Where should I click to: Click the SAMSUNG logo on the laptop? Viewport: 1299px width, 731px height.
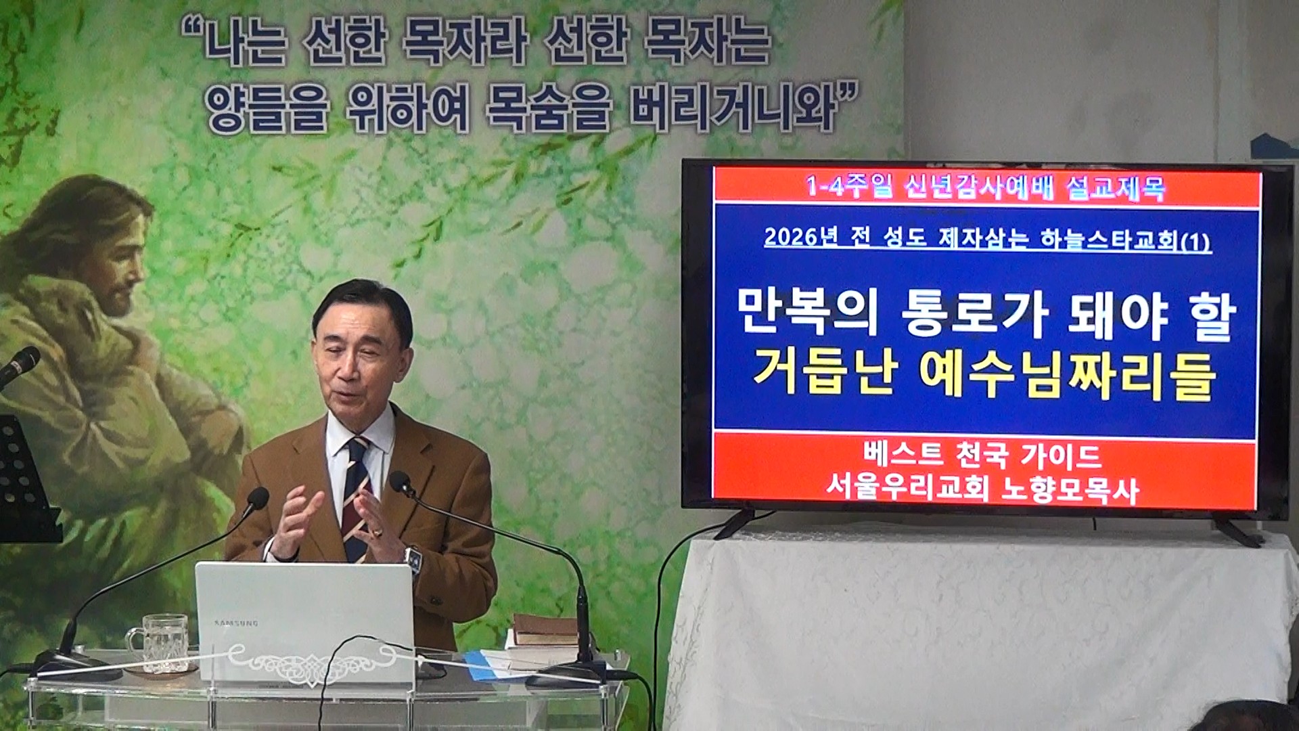click(x=236, y=623)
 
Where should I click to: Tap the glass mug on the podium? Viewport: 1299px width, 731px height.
click(x=158, y=643)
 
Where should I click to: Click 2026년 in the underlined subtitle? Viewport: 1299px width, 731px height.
click(x=802, y=238)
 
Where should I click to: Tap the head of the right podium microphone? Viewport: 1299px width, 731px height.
click(x=401, y=482)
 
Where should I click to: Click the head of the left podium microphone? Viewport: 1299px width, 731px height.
click(x=257, y=499)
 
